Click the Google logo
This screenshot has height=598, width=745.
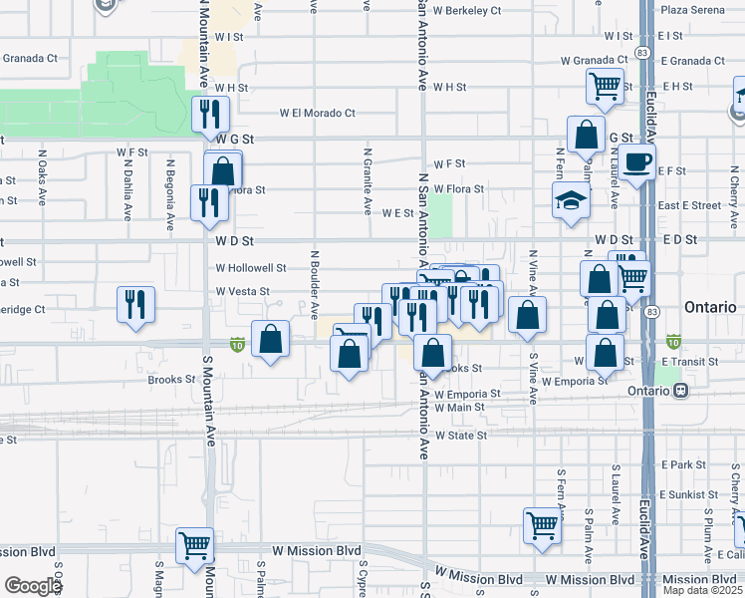point(33,586)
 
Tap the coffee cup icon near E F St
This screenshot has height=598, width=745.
point(636,162)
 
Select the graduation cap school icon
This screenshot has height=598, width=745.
point(571,200)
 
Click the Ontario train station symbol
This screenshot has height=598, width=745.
point(681,390)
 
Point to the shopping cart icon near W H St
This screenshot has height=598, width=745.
point(604,87)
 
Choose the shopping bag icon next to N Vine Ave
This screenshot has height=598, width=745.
point(528,315)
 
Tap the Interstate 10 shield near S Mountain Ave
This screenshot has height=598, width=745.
point(237,345)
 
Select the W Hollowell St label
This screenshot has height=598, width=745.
point(251,268)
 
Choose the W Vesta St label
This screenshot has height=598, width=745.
point(243,292)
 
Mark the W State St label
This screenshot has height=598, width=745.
point(460,436)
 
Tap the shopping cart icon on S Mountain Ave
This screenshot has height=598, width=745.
point(194,545)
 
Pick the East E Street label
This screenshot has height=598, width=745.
point(688,205)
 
